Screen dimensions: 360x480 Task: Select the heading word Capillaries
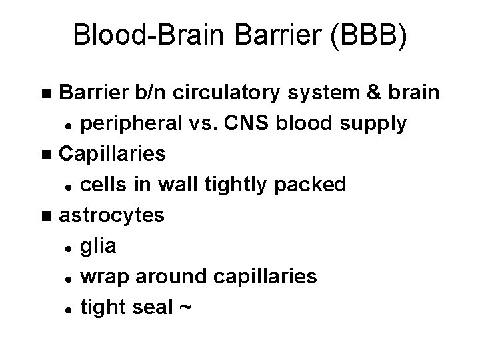point(113,154)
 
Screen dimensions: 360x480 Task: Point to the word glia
point(97,246)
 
